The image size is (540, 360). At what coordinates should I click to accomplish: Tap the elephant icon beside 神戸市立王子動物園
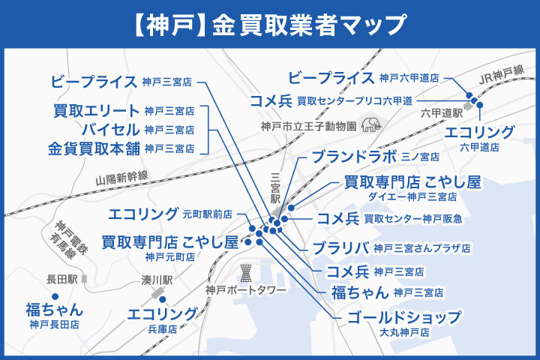(370, 124)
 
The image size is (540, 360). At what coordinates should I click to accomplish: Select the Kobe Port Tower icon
(245, 271)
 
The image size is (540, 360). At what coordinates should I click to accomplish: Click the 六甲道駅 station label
(440, 113)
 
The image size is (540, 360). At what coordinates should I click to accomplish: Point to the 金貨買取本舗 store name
(94, 147)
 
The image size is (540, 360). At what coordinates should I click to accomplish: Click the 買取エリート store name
(97, 111)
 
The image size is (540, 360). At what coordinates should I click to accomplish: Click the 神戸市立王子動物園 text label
(308, 126)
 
